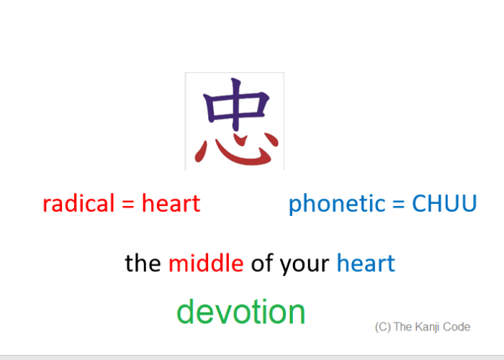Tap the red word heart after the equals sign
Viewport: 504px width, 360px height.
pyautogui.click(x=171, y=204)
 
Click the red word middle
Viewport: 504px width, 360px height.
pyautogui.click(x=206, y=263)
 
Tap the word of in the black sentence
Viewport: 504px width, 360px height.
pyautogui.click(x=263, y=264)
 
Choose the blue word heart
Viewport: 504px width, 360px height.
pyautogui.click(x=366, y=263)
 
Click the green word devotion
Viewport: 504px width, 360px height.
pyautogui.click(x=241, y=312)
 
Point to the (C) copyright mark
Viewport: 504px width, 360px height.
pyautogui.click(x=382, y=327)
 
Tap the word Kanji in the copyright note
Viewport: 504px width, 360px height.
pyautogui.click(x=429, y=327)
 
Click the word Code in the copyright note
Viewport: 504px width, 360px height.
pyautogui.click(x=458, y=327)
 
